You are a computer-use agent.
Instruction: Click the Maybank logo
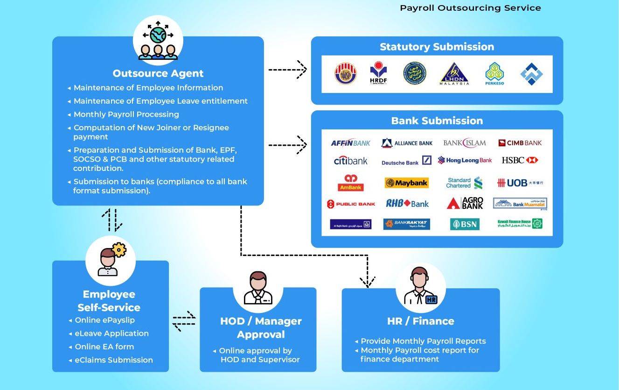click(406, 183)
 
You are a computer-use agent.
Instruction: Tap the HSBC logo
click(520, 160)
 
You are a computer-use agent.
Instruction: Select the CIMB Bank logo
click(520, 143)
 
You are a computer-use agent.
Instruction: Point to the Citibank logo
click(351, 161)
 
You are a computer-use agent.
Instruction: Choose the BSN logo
click(465, 224)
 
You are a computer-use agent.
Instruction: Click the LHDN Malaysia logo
click(454, 74)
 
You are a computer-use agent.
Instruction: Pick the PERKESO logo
click(494, 74)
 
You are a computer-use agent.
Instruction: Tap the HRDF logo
click(378, 74)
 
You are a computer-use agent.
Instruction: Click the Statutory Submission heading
click(437, 47)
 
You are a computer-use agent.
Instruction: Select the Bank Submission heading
click(437, 121)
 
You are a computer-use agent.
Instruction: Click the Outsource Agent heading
click(158, 73)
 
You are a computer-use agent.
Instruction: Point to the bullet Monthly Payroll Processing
click(126, 114)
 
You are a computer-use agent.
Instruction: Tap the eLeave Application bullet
click(111, 333)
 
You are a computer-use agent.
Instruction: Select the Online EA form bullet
click(104, 347)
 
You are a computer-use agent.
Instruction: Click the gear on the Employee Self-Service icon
click(119, 250)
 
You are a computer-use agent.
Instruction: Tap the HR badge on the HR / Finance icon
click(431, 299)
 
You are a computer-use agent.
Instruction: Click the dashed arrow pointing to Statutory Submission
click(287, 70)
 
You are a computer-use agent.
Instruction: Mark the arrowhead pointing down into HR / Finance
click(368, 282)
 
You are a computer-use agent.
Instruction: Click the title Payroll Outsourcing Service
click(470, 8)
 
